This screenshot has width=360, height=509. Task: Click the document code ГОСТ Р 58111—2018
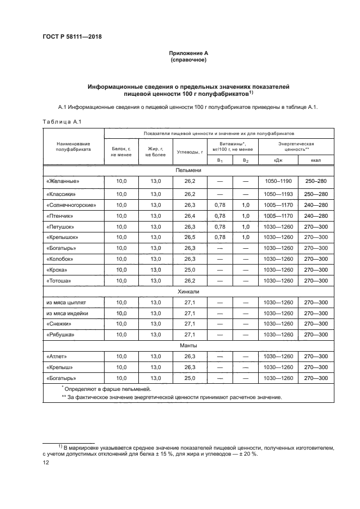(x=72, y=36)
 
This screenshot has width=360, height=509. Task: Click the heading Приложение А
(x=188, y=53)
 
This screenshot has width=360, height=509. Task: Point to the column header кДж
(x=278, y=160)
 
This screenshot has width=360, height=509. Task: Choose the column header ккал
(x=315, y=160)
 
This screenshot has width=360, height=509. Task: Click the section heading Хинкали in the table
(x=188, y=292)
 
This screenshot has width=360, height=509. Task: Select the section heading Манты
(x=188, y=345)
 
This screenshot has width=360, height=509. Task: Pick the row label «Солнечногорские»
(x=71, y=205)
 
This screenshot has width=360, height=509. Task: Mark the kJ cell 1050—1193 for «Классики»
(x=278, y=194)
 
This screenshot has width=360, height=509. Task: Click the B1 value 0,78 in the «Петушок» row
(x=219, y=226)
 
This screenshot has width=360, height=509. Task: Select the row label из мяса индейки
(x=67, y=313)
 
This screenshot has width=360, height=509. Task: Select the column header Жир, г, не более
(x=156, y=151)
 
